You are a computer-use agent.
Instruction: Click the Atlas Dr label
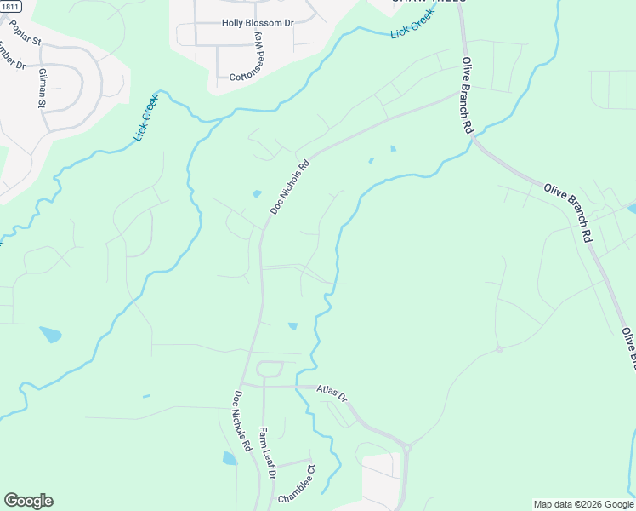point(332,393)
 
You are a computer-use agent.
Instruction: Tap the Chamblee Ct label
point(298,484)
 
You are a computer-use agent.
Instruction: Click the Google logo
point(28,501)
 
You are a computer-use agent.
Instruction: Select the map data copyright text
point(583,504)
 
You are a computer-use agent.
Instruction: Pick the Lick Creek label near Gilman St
point(146,117)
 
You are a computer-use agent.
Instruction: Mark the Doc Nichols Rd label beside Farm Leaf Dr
point(241,421)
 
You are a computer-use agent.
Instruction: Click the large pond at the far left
point(50,335)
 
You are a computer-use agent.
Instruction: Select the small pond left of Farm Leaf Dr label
point(229,458)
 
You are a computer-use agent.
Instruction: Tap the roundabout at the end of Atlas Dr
point(407,446)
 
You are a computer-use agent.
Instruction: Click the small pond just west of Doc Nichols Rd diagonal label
point(257,193)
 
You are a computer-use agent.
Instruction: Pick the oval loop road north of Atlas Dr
point(270,369)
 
